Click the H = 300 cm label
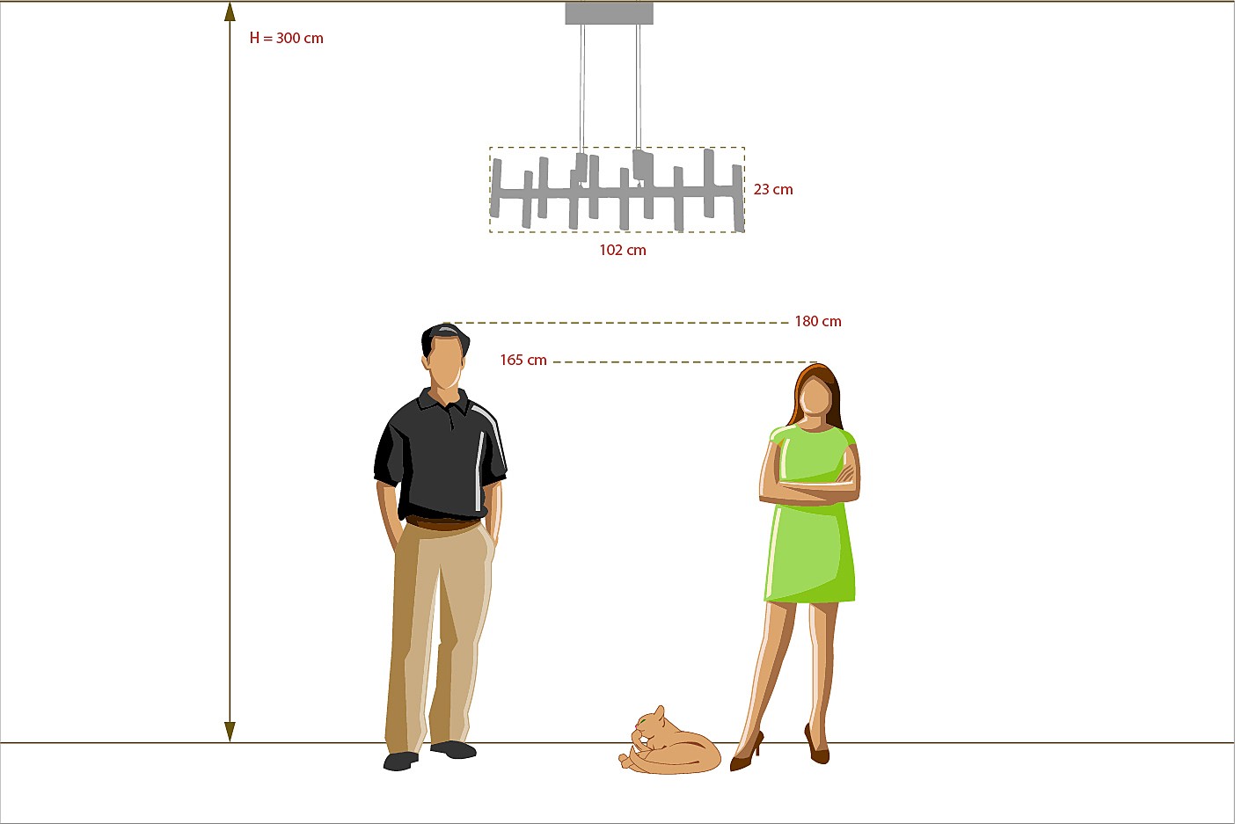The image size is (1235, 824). pos(286,38)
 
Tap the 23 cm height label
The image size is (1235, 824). pos(773,189)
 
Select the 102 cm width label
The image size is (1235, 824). pos(623,250)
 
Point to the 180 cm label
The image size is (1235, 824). pos(818,321)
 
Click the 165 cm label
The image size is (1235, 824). pos(523,360)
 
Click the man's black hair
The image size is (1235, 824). pos(443,335)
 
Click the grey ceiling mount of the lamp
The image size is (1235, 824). pos(610,13)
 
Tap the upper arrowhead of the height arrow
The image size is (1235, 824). pos(230,12)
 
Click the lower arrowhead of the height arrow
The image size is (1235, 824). pos(230,732)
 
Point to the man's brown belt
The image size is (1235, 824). pos(442,523)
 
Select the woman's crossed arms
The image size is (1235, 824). pos(809,485)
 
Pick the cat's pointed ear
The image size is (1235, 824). pos(659,712)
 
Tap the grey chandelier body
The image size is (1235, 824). pos(617,190)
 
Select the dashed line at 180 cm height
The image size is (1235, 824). pos(617,323)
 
